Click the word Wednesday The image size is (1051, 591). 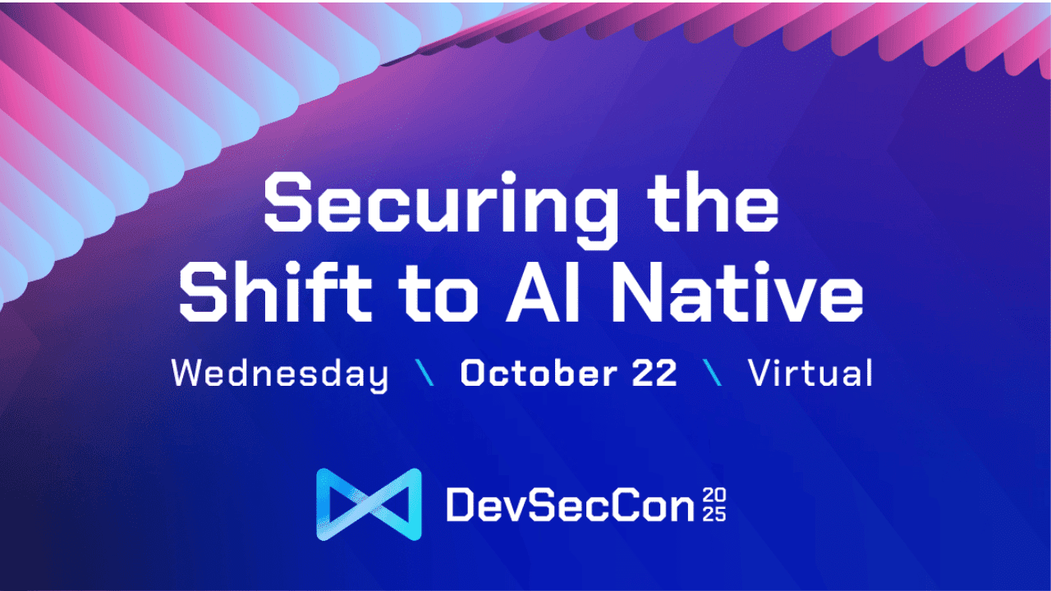(x=279, y=374)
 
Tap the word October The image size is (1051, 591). (x=538, y=374)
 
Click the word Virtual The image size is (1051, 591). (x=810, y=374)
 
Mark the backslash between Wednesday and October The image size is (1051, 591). (x=425, y=374)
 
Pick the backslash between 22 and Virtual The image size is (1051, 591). (x=714, y=374)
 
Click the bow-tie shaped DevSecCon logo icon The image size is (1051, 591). (x=369, y=504)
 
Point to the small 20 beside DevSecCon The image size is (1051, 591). (x=715, y=495)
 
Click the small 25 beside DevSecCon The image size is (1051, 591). (x=715, y=515)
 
